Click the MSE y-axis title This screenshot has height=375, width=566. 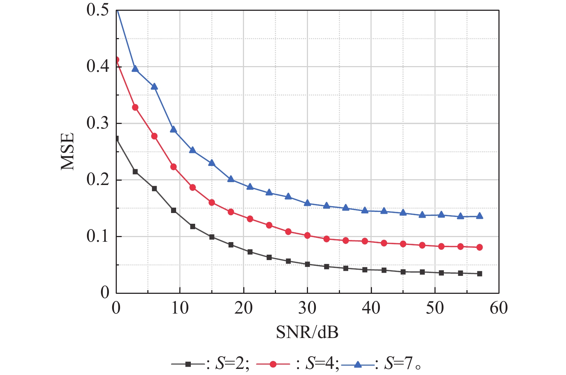pyautogui.click(x=67, y=151)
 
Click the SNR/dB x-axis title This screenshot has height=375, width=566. pyautogui.click(x=307, y=332)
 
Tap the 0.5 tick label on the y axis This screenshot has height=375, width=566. pyautogui.click(x=97, y=10)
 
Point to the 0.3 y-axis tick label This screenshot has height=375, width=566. pyautogui.click(x=97, y=123)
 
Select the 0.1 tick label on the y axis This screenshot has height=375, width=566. pyautogui.click(x=97, y=236)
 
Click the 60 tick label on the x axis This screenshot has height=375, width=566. pyautogui.click(x=498, y=308)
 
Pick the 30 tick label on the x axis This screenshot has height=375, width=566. pyautogui.click(x=307, y=308)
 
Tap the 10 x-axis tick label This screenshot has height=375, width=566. pyautogui.click(x=180, y=308)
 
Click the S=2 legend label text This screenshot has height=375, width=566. pyautogui.click(x=232, y=364)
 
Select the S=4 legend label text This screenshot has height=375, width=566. pyautogui.click(x=322, y=364)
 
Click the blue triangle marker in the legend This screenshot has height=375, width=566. pyautogui.click(x=358, y=364)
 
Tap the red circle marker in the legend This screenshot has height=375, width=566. pyautogui.click(x=273, y=364)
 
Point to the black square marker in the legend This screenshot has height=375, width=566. pyautogui.click(x=188, y=364)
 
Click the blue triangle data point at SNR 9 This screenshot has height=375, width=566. pyautogui.click(x=174, y=129)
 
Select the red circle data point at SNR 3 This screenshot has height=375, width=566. pyautogui.click(x=135, y=107)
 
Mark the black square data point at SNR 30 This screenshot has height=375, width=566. pyautogui.click(x=307, y=264)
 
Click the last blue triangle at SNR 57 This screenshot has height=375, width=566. pyautogui.click(x=479, y=216)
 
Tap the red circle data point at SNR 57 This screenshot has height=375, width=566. pyautogui.click(x=479, y=247)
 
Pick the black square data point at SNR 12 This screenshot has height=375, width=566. pyautogui.click(x=193, y=226)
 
